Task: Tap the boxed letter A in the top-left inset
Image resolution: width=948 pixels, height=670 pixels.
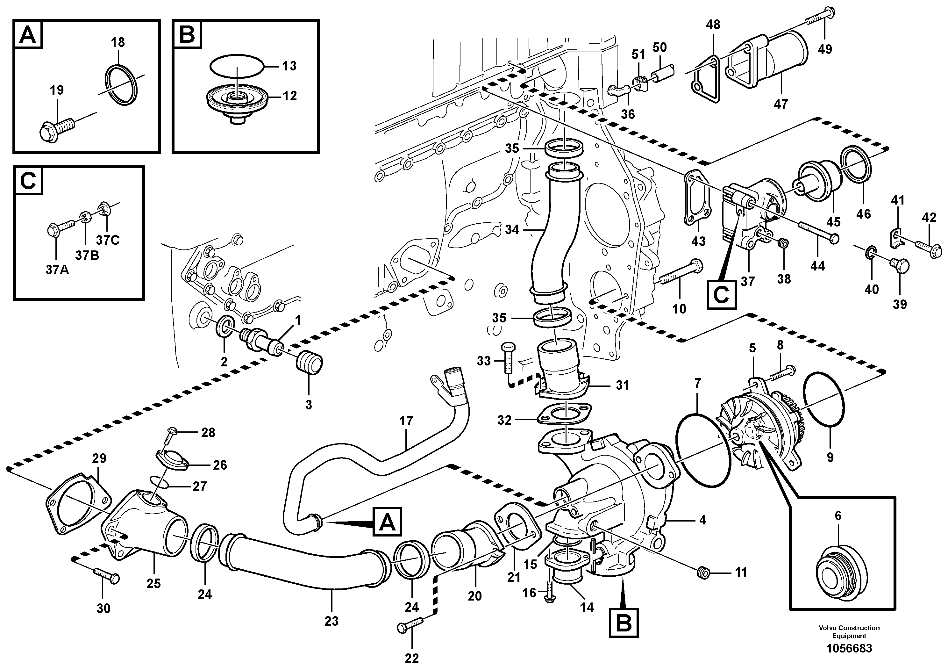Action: pos(28,35)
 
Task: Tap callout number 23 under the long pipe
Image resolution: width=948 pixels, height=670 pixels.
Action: pos(331,621)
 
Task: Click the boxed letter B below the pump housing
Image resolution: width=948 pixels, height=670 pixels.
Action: pos(624,622)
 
